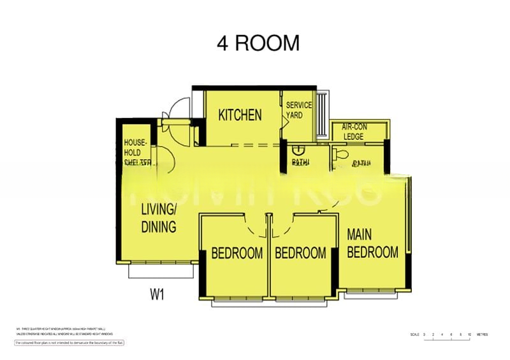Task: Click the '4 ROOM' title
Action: point(258,43)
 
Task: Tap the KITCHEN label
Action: point(240,115)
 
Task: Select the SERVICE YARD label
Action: point(298,110)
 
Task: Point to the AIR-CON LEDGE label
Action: point(354,132)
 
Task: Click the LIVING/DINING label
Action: point(158,218)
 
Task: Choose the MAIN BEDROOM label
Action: point(372,243)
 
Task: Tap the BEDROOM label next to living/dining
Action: point(237,254)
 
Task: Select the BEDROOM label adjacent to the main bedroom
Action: point(300,254)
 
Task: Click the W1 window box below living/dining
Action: point(161,271)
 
